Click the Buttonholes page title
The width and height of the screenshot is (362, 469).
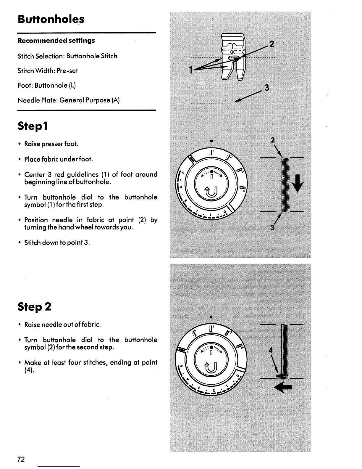(51, 20)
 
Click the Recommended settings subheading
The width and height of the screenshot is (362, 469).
(56, 41)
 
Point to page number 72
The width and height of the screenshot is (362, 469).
(21, 459)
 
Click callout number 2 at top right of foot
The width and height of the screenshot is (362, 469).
(271, 44)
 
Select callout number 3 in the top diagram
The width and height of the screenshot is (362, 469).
(267, 88)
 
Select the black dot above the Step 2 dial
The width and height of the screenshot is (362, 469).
(211, 317)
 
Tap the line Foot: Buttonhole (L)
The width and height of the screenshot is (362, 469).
(47, 86)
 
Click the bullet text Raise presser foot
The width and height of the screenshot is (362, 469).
(51, 144)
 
